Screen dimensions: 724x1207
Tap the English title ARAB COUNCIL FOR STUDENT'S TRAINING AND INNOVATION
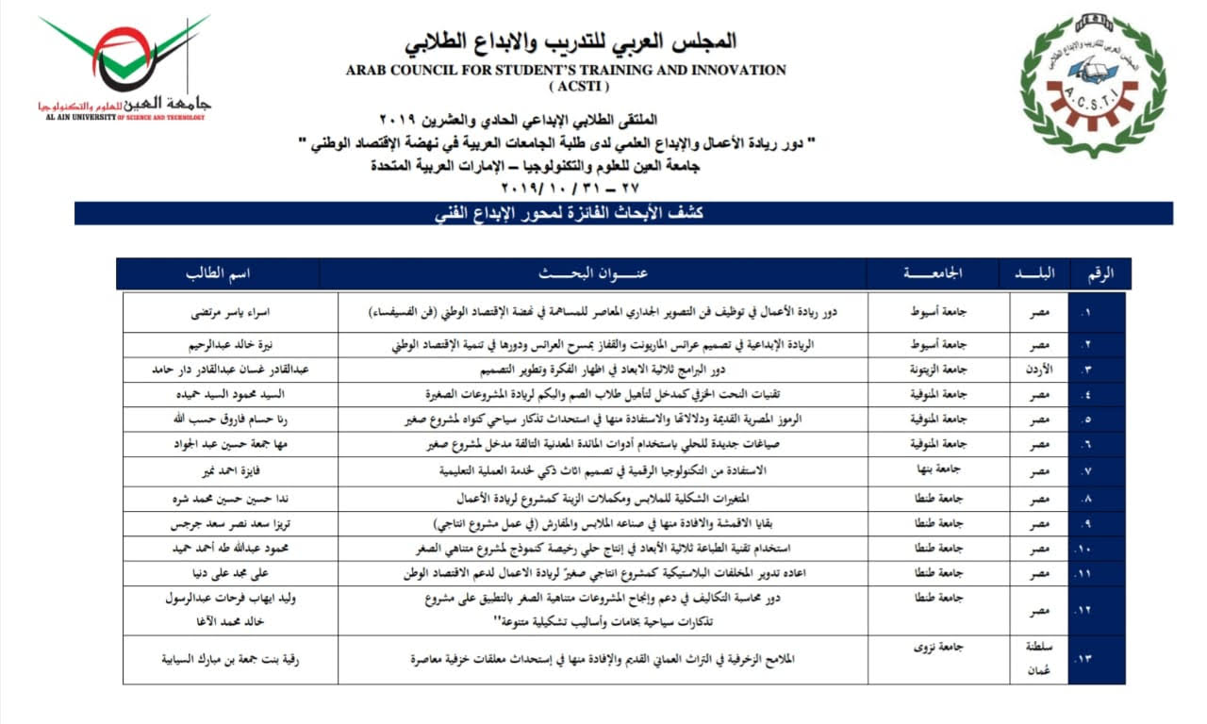tap(566, 70)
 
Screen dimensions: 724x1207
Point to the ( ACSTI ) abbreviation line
tap(566, 87)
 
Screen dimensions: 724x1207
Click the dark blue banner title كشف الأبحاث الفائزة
tap(623, 214)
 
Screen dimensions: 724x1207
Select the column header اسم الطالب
tap(218, 273)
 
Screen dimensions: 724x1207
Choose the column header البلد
tap(1035, 273)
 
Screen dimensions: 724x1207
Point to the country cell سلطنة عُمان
tap(1035, 659)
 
